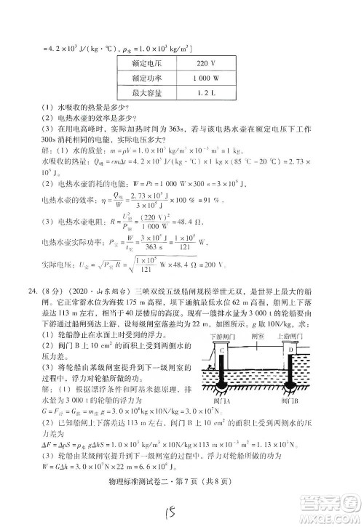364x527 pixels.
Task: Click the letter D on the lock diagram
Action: tap(289, 350)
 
